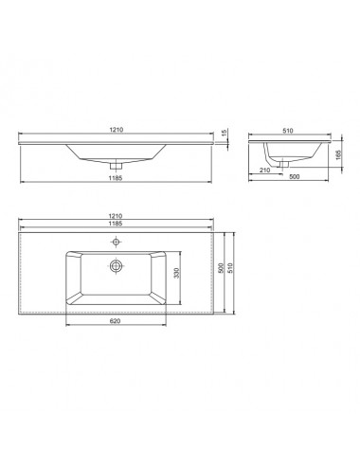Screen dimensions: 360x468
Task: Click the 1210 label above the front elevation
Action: click(116, 130)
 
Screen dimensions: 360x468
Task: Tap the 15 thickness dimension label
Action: click(225, 133)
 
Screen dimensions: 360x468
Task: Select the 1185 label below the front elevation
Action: click(116, 178)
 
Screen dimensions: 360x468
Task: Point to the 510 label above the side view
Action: click(288, 131)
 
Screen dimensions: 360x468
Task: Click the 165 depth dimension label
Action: click(338, 154)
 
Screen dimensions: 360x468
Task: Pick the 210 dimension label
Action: click(264, 171)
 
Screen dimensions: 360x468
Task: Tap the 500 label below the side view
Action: click(294, 176)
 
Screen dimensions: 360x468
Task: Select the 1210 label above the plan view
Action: click(116, 216)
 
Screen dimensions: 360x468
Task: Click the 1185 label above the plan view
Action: click(116, 224)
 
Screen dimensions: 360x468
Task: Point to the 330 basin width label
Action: click(177, 273)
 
